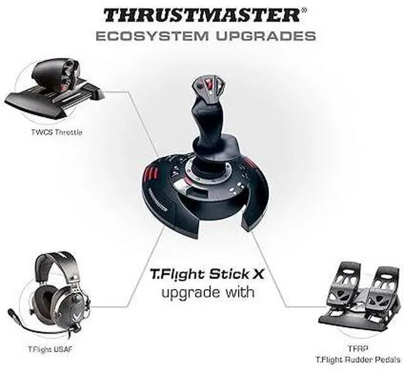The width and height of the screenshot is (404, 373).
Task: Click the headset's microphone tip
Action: click(12, 312)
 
